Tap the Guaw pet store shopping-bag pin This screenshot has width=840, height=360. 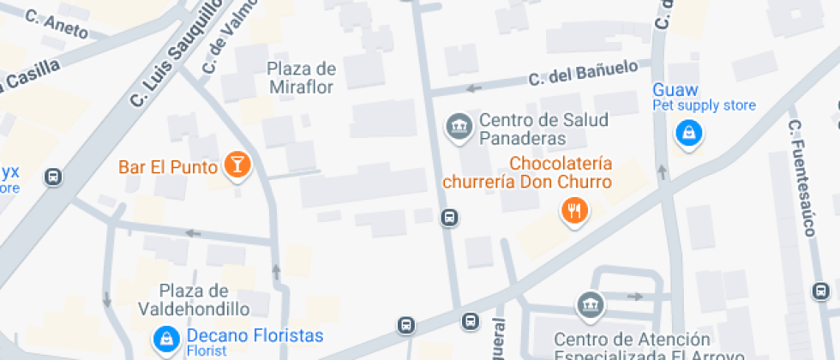pyautogui.click(x=687, y=133)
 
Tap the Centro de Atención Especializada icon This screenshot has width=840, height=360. pyautogui.click(x=589, y=304)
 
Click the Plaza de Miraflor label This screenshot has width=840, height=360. pyautogui.click(x=301, y=77)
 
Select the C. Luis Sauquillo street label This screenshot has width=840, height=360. pyautogui.click(x=177, y=53)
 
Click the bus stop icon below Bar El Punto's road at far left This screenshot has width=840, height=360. pyautogui.click(x=53, y=177)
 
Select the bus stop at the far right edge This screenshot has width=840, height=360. pyautogui.click(x=821, y=292)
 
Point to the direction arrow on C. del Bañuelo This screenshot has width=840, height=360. pyautogui.click(x=472, y=88)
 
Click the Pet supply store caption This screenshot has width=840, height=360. pyautogui.click(x=704, y=105)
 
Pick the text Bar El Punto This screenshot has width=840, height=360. pyautogui.click(x=167, y=166)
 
